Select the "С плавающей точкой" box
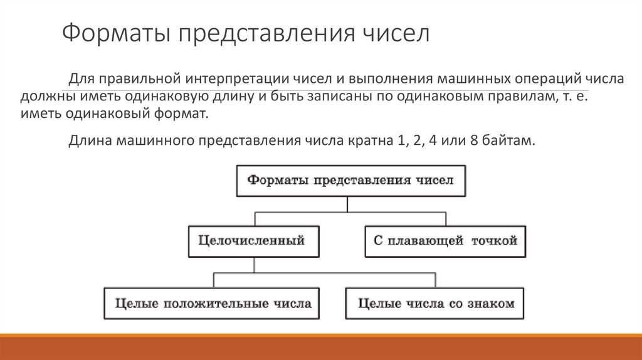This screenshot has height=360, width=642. point(445,241)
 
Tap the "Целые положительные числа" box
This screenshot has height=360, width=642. point(212,304)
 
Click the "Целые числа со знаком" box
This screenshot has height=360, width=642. point(435,304)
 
